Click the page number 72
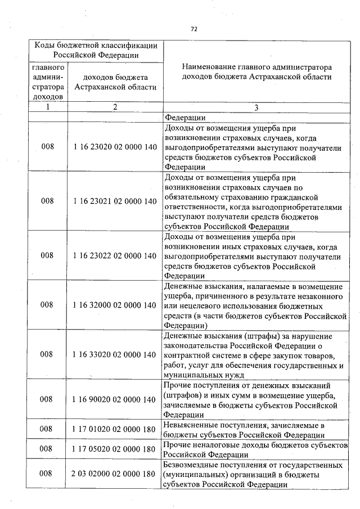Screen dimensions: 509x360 tap(193, 29)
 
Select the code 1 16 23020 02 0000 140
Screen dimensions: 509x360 tap(115, 146)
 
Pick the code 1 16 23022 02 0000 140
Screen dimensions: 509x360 tap(115, 255)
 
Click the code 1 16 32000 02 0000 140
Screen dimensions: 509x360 tap(115, 305)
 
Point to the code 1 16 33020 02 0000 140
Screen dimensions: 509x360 tap(115, 354)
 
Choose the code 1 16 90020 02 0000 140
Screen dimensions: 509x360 tap(115, 399)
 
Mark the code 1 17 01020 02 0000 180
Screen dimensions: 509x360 tap(115, 430)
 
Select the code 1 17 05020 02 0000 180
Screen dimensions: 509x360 tap(115, 449)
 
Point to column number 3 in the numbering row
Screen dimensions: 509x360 tap(256, 107)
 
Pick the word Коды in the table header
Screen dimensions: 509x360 tap(46, 44)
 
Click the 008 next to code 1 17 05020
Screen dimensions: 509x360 tap(47, 449)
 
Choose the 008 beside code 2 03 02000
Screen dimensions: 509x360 tap(47, 474)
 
